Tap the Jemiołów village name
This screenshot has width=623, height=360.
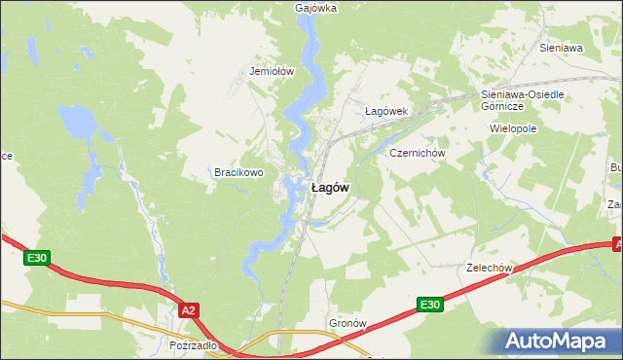272,71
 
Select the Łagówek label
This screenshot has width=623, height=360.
385,111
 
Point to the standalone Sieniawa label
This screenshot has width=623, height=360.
561,47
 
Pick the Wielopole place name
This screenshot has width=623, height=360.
515,127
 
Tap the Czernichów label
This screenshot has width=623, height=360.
417,154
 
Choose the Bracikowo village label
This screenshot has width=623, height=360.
239,172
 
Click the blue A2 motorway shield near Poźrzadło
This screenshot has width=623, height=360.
189,309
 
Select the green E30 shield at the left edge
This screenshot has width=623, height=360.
37,258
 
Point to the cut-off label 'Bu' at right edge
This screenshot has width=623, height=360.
616,168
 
